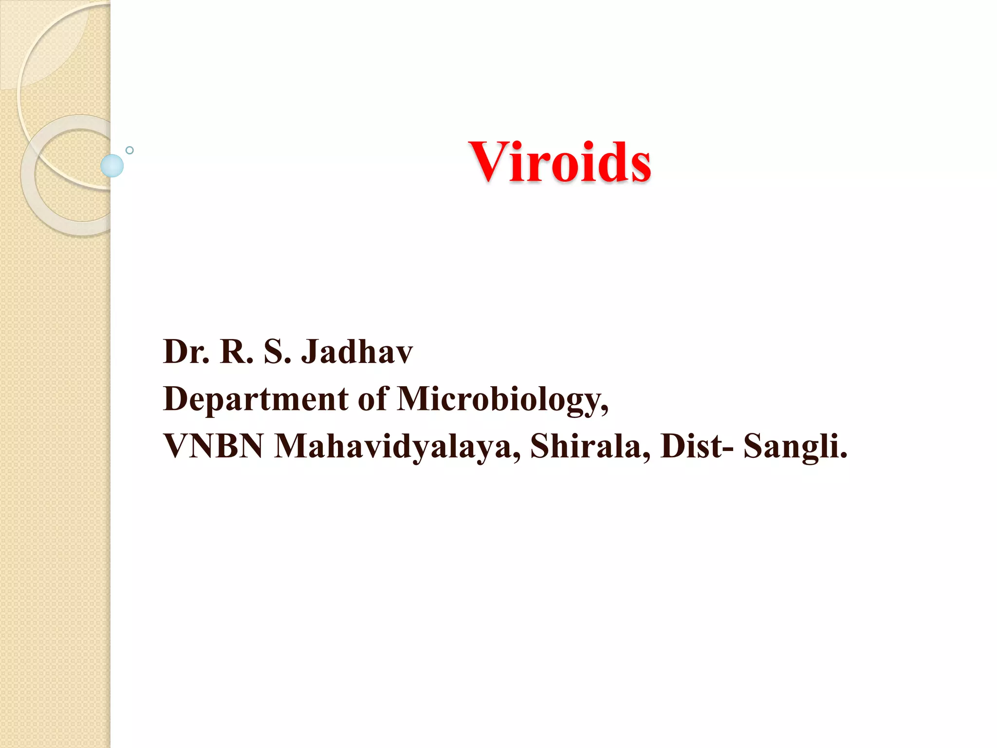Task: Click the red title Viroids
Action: [560, 162]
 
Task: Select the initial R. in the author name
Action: [237, 352]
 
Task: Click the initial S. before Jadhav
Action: [277, 352]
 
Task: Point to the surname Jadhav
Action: [357, 352]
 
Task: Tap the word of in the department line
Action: [373, 398]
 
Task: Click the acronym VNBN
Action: [213, 446]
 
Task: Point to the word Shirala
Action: [590, 446]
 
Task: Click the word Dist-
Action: [697, 446]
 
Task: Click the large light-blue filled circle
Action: [112, 166]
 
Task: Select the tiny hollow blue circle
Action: [129, 150]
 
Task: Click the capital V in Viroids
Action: [488, 162]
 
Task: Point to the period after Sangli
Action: [844, 456]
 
